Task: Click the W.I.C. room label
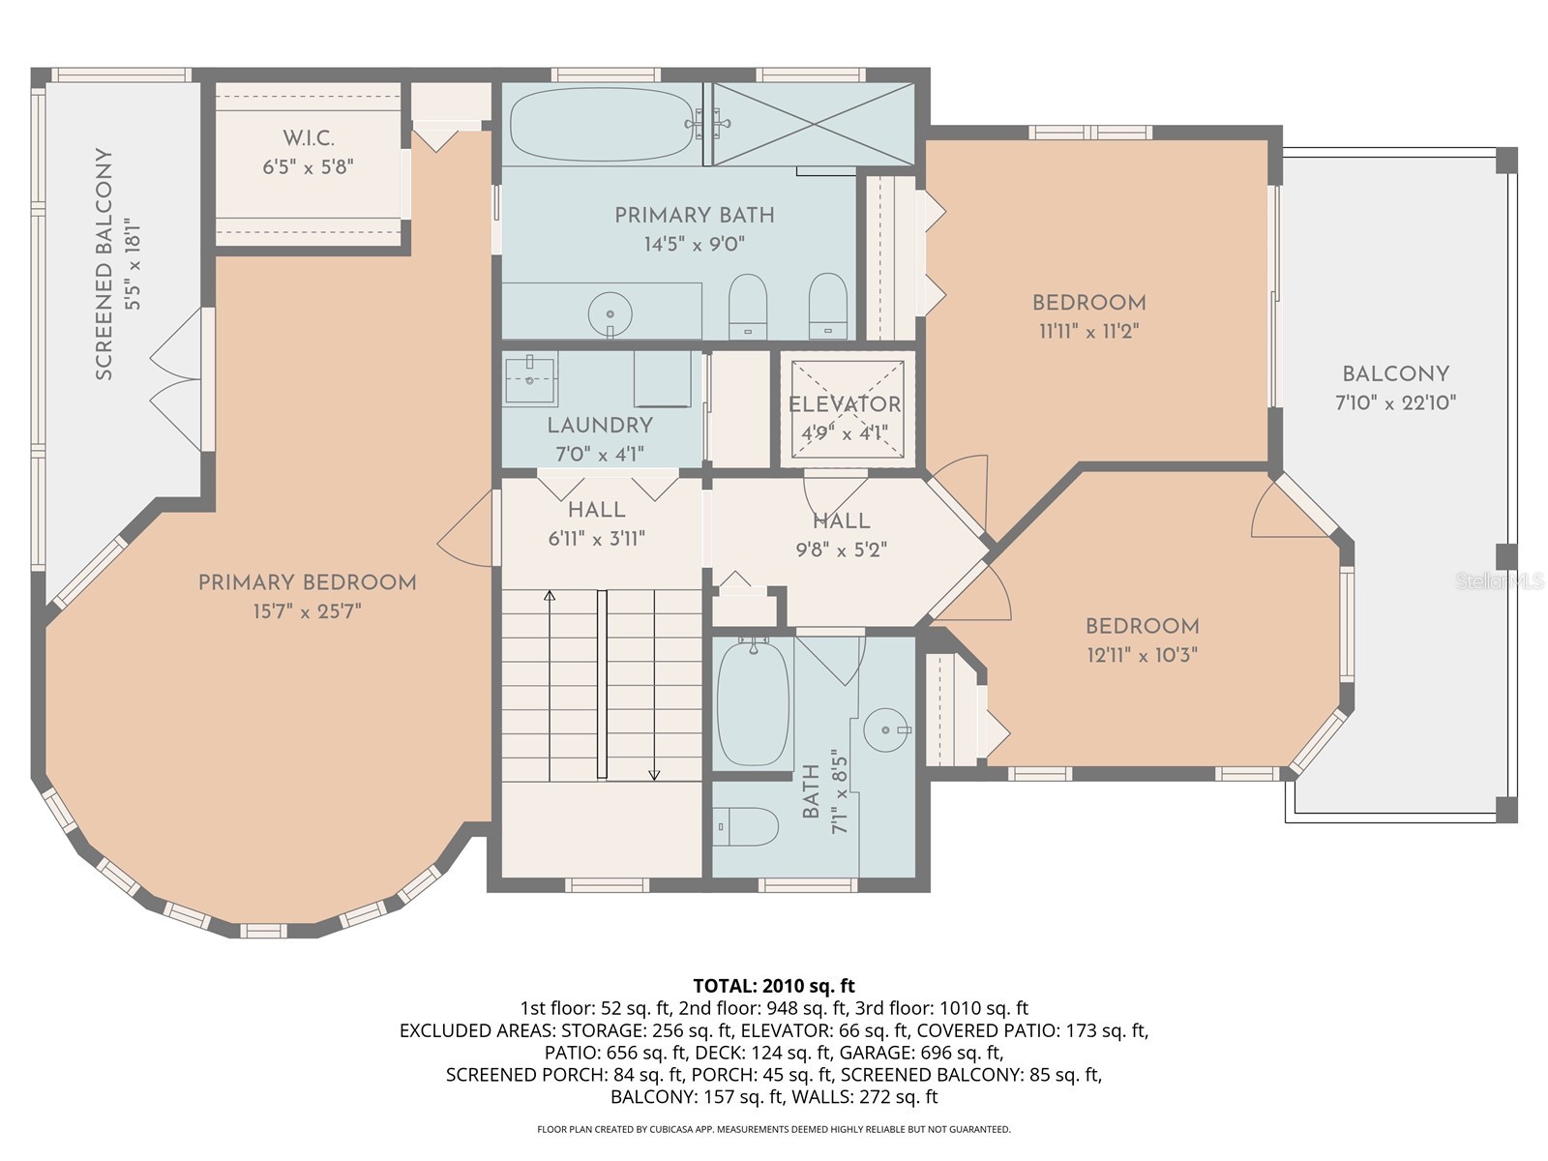pos(309,138)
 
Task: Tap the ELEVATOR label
pos(845,404)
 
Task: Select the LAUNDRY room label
pos(600,425)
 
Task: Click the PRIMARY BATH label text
pos(695,215)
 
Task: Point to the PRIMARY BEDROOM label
pos(308,582)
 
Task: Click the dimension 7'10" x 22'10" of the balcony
pos(1395,402)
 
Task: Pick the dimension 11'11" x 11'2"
pos(1088,331)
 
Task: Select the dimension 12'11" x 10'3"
pos(1142,655)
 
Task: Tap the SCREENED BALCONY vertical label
pos(104,263)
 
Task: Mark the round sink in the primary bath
pos(610,313)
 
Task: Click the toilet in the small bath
pos(751,826)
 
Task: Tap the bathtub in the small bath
pos(753,704)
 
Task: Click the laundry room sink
pos(530,379)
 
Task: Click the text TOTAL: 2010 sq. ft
pos(774,986)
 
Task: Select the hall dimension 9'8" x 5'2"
pos(841,550)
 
